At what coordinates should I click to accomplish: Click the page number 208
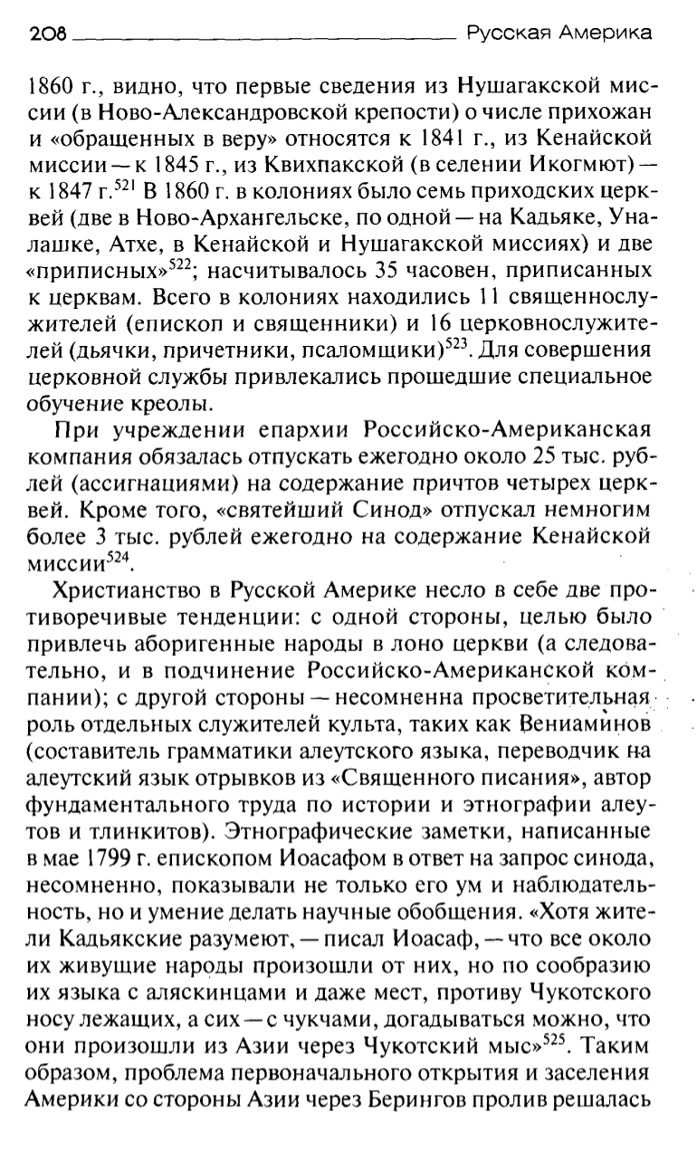[x=49, y=35]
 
